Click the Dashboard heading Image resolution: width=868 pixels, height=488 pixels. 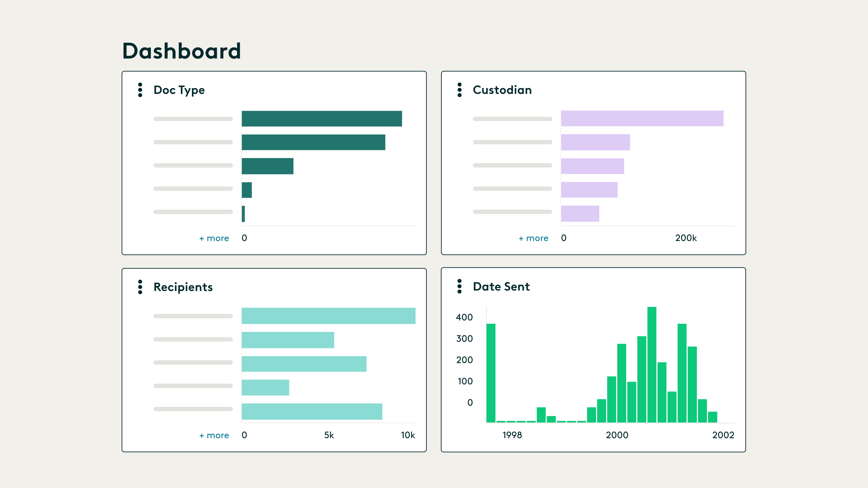[x=181, y=51]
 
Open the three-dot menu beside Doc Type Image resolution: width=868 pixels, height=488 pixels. [x=140, y=90]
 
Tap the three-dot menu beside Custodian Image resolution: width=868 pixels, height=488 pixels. [x=459, y=90]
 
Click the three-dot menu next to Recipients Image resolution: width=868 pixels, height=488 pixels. [x=140, y=287]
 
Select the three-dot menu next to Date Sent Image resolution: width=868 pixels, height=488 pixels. [x=459, y=286]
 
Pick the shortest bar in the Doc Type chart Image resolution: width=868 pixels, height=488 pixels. [x=243, y=214]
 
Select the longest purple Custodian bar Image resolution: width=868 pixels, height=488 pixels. [x=642, y=119]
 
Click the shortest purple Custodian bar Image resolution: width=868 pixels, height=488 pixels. [x=580, y=213]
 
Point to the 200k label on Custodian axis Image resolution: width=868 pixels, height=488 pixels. [x=686, y=238]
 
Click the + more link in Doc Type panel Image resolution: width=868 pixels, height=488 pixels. [x=214, y=238]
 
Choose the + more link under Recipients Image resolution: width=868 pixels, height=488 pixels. [x=214, y=435]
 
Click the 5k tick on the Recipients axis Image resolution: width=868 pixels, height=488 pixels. [x=329, y=435]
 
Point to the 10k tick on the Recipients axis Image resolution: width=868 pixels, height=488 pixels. [x=408, y=435]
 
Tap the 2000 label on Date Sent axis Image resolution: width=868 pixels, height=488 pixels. [x=617, y=435]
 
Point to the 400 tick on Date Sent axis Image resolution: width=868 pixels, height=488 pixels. [x=464, y=317]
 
